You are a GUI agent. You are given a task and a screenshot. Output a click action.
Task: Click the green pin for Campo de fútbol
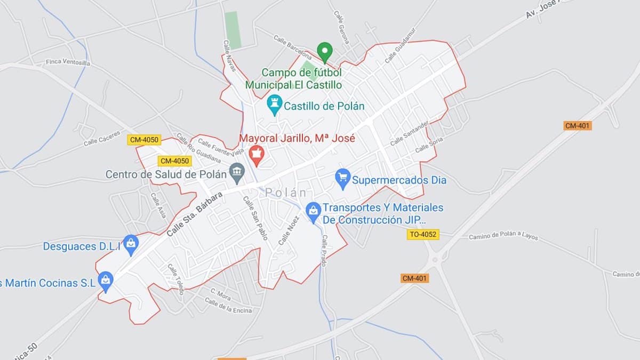click(x=324, y=52)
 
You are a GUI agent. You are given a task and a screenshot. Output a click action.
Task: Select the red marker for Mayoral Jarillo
click(x=257, y=154)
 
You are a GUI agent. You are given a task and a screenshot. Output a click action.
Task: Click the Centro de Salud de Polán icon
click(x=236, y=172)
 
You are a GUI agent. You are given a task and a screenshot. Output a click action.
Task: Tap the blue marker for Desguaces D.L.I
click(x=131, y=244)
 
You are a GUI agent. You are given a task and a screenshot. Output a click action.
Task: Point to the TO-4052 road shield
click(x=423, y=234)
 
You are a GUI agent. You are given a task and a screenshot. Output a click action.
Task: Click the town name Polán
click(x=286, y=193)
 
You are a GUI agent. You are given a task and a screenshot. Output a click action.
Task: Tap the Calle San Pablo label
click(x=255, y=218)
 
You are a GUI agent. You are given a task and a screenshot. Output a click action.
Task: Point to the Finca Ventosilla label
click(x=69, y=62)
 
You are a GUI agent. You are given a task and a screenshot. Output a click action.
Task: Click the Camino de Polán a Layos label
click(x=503, y=237)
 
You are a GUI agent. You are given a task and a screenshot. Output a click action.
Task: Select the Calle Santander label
click(x=409, y=134)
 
